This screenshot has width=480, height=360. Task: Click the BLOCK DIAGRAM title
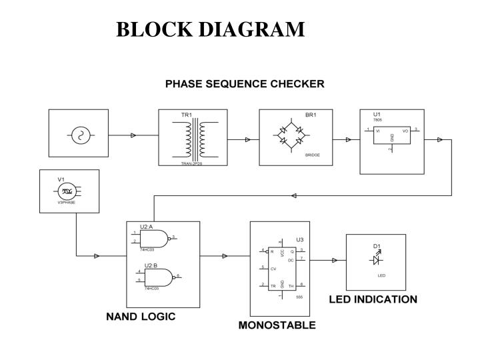click(210, 29)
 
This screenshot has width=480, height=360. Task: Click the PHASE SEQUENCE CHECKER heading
click(245, 84)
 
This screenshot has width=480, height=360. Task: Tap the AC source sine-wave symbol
click(79, 135)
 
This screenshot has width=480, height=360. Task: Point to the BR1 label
click(311, 115)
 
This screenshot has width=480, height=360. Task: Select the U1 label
click(377, 114)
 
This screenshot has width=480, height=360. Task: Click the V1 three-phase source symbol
click(67, 191)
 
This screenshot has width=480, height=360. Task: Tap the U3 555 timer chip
click(281, 268)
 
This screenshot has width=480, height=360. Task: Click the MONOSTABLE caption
click(277, 326)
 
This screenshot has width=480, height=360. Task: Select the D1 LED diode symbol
click(376, 259)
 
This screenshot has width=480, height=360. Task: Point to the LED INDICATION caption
click(373, 299)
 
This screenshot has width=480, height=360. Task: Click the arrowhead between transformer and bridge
click(247, 139)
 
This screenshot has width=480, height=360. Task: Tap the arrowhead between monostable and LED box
click(334, 260)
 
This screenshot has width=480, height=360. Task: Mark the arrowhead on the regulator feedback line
click(294, 195)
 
